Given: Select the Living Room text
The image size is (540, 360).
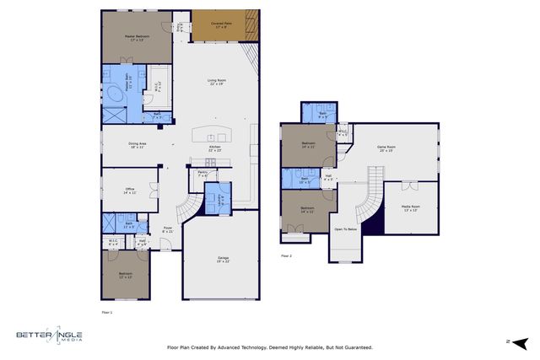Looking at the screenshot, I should tap(217, 82).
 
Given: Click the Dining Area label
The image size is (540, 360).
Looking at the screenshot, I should tap(138, 145).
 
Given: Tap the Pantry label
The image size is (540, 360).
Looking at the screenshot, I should tap(202, 173).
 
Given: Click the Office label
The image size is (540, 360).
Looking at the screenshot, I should tap(129, 191).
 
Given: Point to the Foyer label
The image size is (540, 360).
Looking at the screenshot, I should tap(168, 229).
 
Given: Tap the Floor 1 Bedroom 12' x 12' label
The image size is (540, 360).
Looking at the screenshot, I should tap(125, 277).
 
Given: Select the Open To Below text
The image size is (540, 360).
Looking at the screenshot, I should tap(346, 228).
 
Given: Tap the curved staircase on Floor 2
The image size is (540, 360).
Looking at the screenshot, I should tap(370, 198).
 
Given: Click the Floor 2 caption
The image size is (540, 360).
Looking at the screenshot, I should tap(286, 255).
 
